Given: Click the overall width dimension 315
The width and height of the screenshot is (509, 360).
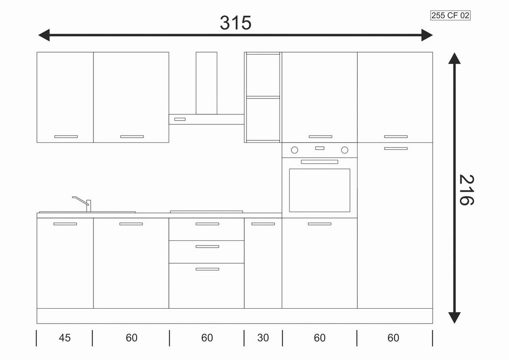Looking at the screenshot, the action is click(x=236, y=23).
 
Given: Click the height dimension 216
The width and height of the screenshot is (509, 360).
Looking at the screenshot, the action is click(x=467, y=190).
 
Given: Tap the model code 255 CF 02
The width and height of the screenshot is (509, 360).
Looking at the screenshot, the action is click(x=450, y=15).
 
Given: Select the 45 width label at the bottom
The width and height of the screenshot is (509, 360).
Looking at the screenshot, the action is click(x=64, y=338).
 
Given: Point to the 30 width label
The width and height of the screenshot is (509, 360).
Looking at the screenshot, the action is click(x=263, y=338).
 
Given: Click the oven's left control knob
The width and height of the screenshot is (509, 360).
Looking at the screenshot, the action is click(x=294, y=150).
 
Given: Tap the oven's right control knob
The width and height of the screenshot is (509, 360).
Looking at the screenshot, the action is click(x=344, y=150).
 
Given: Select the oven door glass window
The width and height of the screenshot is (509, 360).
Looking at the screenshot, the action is click(x=319, y=190).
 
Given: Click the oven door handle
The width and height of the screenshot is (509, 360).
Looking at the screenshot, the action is click(x=319, y=162).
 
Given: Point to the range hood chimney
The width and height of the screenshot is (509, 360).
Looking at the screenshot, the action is click(x=206, y=83).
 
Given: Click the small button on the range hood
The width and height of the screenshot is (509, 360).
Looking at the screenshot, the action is click(x=180, y=119).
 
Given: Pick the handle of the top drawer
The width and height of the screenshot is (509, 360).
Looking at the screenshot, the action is click(x=207, y=224).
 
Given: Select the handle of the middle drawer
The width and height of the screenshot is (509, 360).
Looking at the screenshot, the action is click(x=207, y=246).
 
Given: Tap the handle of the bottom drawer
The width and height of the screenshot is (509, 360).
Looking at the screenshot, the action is click(x=207, y=269).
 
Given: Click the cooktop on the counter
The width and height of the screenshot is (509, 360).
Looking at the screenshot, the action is click(x=206, y=212).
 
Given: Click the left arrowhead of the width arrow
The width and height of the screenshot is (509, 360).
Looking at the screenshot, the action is click(x=44, y=35).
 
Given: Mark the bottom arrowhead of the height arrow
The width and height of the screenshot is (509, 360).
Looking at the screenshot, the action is click(x=454, y=318).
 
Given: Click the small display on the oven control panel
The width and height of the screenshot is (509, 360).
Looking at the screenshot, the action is click(x=319, y=148).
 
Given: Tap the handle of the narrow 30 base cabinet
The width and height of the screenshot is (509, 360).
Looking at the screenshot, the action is click(x=263, y=224).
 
